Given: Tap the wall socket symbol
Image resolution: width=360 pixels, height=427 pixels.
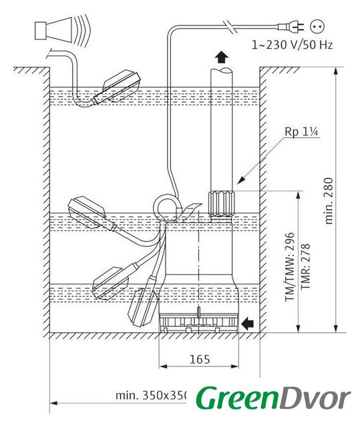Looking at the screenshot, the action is point(317,27).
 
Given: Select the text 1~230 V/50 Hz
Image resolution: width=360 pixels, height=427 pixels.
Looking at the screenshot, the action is point(292,45).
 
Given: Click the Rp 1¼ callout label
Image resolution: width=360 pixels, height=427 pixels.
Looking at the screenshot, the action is point(301,132).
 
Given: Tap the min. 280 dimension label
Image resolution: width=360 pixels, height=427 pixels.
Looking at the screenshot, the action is point(329,201).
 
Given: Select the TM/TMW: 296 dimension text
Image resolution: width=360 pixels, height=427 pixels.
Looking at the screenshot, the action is point(289,267).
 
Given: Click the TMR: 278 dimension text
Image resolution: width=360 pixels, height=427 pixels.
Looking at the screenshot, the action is point(305,267).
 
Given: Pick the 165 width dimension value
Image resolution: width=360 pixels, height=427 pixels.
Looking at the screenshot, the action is point(200,360).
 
